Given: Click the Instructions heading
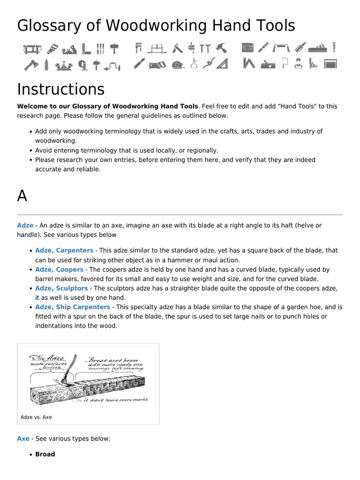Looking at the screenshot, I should coord(61,89).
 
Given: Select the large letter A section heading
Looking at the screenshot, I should coord(22,196).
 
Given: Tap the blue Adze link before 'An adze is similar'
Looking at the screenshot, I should coord(25,225).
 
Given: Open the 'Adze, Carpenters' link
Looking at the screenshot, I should coord(64,251).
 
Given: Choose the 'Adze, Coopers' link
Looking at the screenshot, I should coord(59,270).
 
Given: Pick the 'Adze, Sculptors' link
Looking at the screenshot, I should coord(61,288).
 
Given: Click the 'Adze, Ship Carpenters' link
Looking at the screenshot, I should coord(73,307).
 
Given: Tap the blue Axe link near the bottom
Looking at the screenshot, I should coord(23,439).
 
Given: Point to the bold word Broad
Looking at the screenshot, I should coord(45,454).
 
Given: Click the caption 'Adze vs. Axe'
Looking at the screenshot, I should coord(36,417).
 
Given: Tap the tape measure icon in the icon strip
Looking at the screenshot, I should coord(178,64).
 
